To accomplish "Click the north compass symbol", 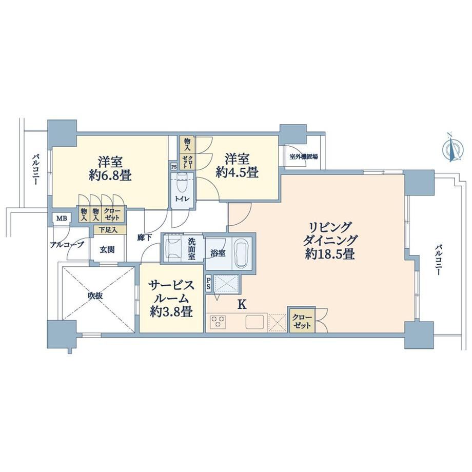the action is pyautogui.click(x=453, y=148).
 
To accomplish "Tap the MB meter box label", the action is pyautogui.click(x=62, y=218).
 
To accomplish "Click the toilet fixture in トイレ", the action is pyautogui.click(x=182, y=183).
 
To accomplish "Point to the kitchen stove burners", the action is pyautogui.click(x=218, y=321).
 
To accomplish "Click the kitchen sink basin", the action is pyautogui.click(x=255, y=322).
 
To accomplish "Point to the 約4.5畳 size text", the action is pyautogui.click(x=237, y=172).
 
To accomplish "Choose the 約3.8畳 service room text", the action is pyautogui.click(x=171, y=312).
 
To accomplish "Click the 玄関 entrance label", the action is pyautogui.click(x=107, y=250).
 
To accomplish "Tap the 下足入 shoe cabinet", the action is pyautogui.click(x=109, y=230).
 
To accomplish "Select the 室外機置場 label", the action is pyautogui.click(x=303, y=157).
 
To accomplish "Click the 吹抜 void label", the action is pyautogui.click(x=95, y=296).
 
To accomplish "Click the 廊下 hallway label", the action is pyautogui.click(x=144, y=238).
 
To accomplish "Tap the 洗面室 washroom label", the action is pyautogui.click(x=192, y=249).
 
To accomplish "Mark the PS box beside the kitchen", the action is pyautogui.click(x=208, y=284).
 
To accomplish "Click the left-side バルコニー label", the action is pyautogui.click(x=36, y=169).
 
